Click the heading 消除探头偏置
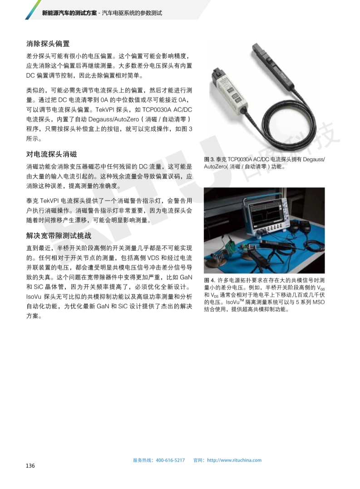pos(48,44)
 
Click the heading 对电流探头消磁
pos(51,154)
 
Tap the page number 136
pos(30,465)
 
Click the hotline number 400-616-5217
pos(170,460)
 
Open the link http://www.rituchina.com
pos(234,460)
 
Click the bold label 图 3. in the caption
pos(209,159)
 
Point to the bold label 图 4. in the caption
pos(209,280)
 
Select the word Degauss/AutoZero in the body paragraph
pos(113,119)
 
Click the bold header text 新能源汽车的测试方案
pos(69,13)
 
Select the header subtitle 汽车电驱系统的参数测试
pos(132,13)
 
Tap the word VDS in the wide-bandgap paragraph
pos(153,258)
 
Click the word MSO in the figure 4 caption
pos(318,302)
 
